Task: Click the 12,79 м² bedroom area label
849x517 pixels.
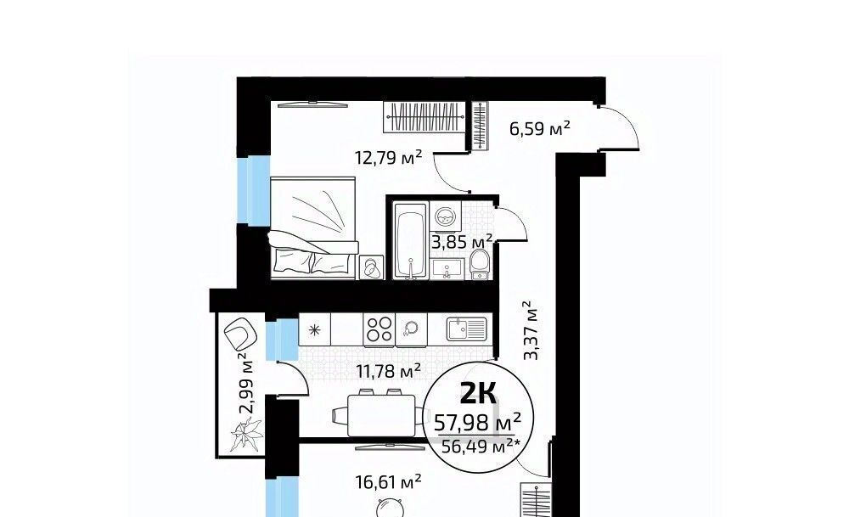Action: point(388,158)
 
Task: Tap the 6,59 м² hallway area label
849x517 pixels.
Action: point(540,128)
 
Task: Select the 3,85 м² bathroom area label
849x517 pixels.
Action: point(461,241)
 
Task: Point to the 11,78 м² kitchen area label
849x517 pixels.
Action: point(389,371)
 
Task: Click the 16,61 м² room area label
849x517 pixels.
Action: point(388,481)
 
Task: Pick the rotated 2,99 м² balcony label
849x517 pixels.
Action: point(247,383)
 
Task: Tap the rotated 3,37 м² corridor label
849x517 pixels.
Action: point(531,331)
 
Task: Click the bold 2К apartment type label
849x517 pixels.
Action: point(478,392)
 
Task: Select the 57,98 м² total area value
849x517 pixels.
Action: point(478,420)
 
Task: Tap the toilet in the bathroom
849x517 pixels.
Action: point(479,265)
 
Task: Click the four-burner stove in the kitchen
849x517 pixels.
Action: point(379,329)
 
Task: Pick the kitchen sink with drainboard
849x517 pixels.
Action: point(466,329)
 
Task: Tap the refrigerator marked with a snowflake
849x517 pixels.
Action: point(315,329)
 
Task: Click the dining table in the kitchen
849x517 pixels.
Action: point(381,415)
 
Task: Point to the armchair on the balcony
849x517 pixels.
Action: point(240,333)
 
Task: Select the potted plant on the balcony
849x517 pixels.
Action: point(246,434)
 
